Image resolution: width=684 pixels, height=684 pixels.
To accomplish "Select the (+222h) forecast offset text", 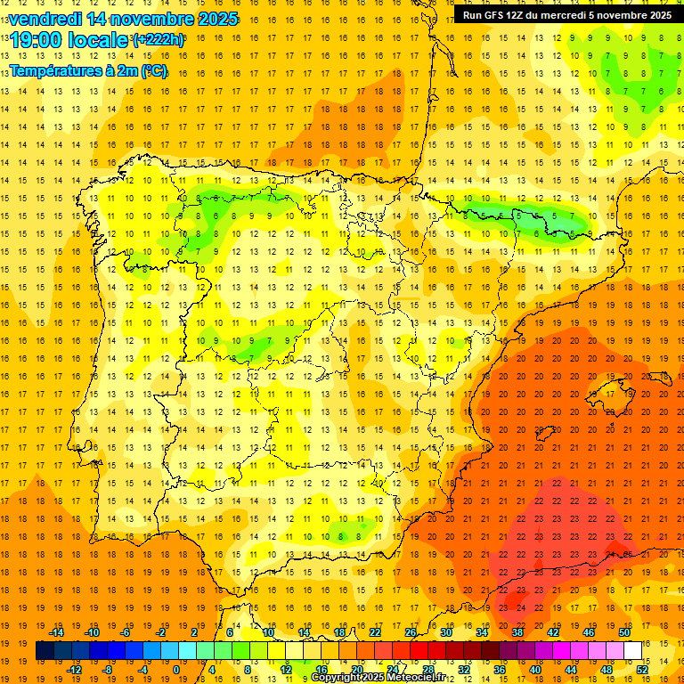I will tap(159, 39).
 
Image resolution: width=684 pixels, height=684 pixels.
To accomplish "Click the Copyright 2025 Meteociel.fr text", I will tap(380, 678).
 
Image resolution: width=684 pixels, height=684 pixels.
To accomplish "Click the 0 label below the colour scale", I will tap(175, 670).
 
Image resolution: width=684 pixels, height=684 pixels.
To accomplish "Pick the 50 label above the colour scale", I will tap(623, 632).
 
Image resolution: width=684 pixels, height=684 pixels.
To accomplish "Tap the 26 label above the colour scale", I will tap(411, 632).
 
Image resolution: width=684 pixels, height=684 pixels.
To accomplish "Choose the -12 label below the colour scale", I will tap(75, 670).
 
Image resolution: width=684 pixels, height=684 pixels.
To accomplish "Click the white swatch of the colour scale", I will tap(633, 651).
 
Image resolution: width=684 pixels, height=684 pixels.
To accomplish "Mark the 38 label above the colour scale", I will tap(517, 632).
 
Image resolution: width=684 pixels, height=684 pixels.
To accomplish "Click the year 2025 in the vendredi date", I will tap(216, 19).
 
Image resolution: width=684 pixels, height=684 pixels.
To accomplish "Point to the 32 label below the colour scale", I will tap(464, 670).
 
